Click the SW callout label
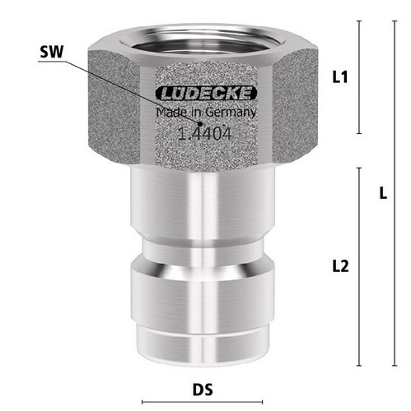click(52, 52)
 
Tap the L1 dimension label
click(340, 77)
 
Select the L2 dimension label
click(340, 266)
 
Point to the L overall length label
click(383, 193)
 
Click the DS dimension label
click(203, 390)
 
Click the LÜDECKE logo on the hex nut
click(206, 93)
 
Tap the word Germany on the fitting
click(231, 113)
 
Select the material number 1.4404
click(204, 134)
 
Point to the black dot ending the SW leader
click(200, 124)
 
